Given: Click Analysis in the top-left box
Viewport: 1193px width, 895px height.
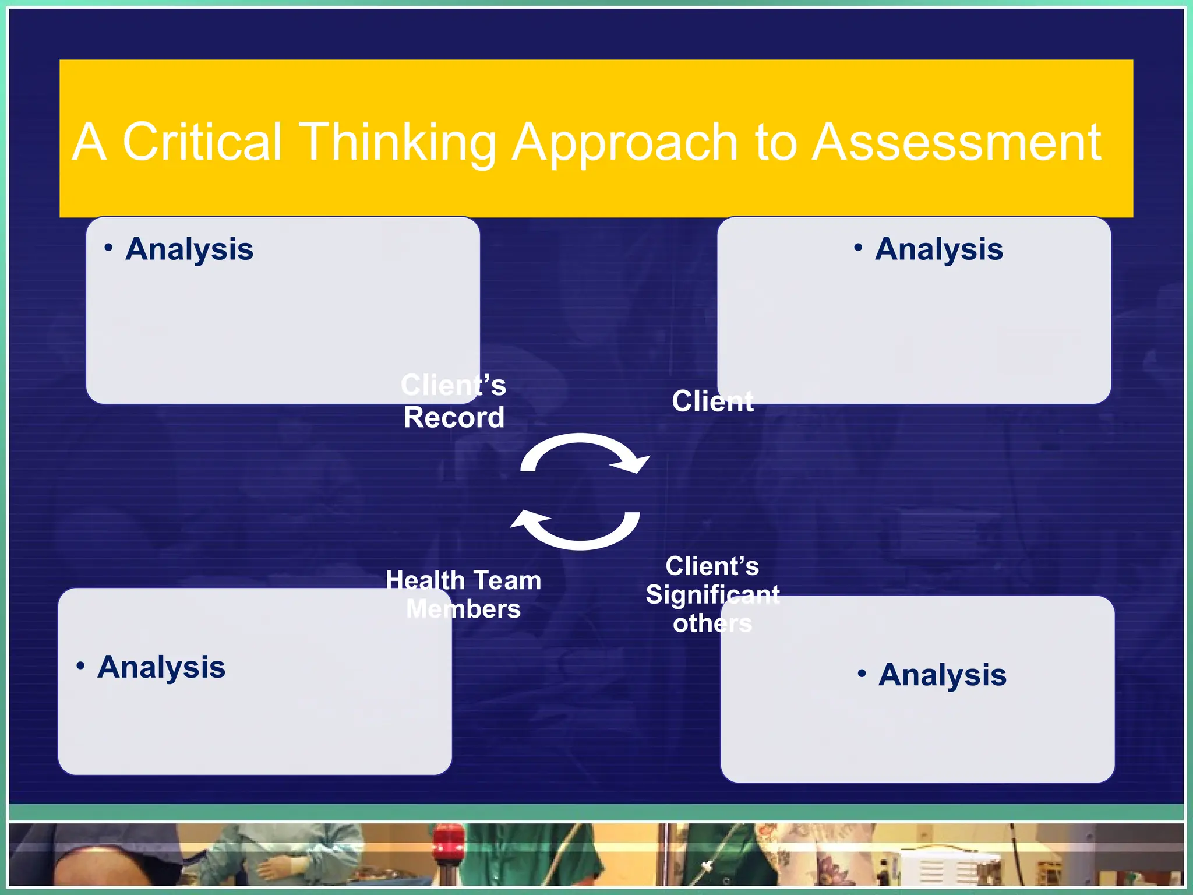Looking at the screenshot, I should click(x=189, y=249).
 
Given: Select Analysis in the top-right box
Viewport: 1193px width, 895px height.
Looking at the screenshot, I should click(x=938, y=249).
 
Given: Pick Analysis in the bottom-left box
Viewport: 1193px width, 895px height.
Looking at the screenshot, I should click(x=161, y=667).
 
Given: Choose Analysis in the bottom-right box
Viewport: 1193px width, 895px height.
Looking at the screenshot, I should click(x=942, y=675).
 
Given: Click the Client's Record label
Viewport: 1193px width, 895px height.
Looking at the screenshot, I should click(x=454, y=401).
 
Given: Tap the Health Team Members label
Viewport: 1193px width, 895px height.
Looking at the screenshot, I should click(x=463, y=594).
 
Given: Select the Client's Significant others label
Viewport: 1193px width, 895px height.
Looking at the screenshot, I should click(x=712, y=594).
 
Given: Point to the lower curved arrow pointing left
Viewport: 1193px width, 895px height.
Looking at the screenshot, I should click(x=577, y=529).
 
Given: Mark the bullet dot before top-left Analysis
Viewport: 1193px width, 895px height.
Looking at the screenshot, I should click(x=108, y=248).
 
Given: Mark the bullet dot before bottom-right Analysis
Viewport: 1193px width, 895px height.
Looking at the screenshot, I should click(x=862, y=674).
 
